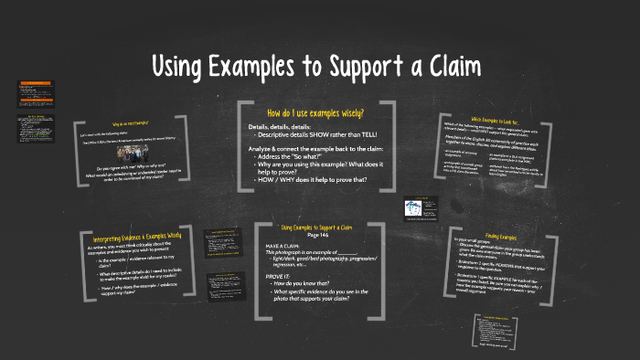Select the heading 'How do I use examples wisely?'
point(315,112)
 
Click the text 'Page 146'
point(315,235)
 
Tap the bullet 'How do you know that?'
point(307,283)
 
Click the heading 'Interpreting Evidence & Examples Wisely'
point(137,236)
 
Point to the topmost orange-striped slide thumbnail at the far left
point(32,90)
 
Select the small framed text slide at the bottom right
point(499,330)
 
